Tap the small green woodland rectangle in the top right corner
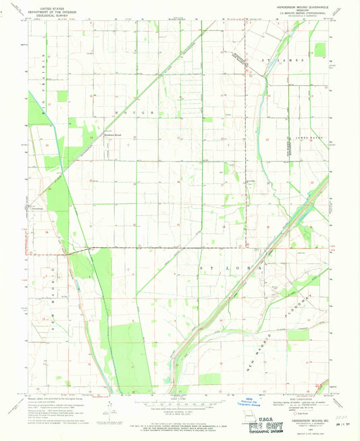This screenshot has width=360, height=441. [320, 49]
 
